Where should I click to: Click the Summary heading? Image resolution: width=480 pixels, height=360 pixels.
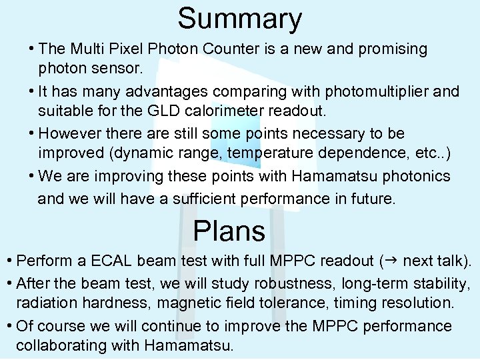[x=239, y=19]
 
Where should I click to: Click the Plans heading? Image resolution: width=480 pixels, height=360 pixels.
[x=229, y=231]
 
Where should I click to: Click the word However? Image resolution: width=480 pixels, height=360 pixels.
[x=70, y=134]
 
